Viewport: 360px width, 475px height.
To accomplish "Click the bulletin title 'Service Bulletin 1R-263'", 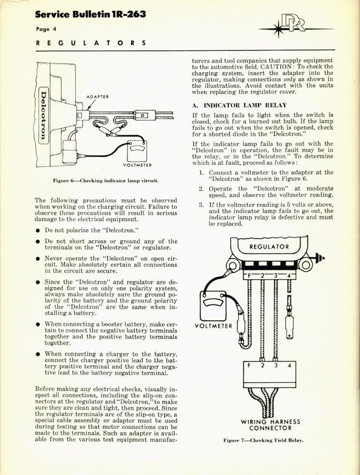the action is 90,14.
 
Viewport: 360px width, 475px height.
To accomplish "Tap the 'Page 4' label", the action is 46,29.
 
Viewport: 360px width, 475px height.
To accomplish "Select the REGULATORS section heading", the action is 91,42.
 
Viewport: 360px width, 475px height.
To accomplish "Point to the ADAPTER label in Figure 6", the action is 98,96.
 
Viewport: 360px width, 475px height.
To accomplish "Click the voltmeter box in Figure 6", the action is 137,150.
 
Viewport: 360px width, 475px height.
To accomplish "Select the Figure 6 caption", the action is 106,181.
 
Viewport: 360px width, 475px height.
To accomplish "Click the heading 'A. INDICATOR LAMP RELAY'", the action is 239,105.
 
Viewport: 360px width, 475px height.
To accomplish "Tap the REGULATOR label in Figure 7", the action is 269,246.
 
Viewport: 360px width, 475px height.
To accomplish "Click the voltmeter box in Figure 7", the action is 212,306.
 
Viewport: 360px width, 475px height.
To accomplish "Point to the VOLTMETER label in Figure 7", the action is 213,326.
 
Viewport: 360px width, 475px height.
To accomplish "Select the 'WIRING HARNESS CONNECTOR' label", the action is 270,425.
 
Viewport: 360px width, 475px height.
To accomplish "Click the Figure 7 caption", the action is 263,440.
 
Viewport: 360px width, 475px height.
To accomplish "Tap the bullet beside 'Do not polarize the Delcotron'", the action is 38,231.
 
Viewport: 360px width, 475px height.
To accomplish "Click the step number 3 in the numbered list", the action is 201,205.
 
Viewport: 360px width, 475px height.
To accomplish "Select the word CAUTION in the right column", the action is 275,67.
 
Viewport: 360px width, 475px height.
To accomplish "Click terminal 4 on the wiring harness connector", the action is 290,366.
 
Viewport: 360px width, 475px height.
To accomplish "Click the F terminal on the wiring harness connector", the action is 249,365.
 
